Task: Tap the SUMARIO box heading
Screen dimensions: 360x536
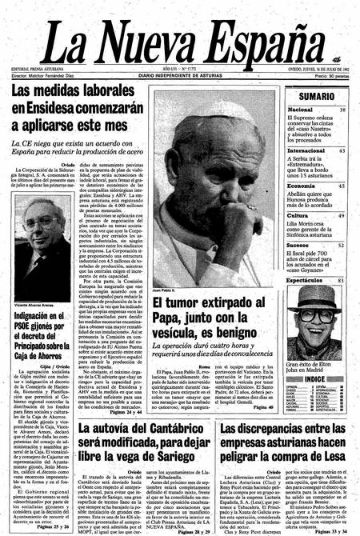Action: pos(318,96)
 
